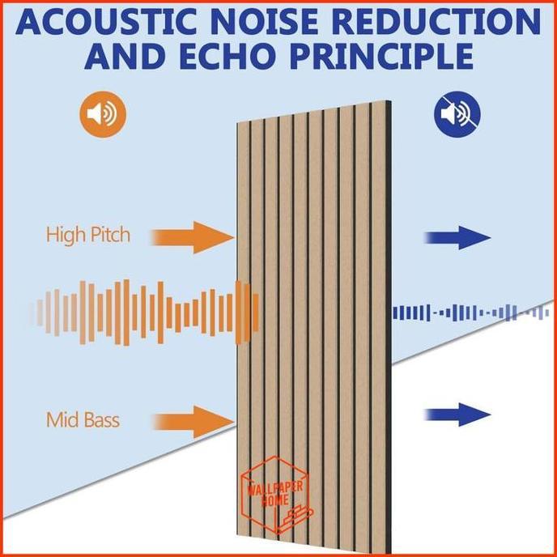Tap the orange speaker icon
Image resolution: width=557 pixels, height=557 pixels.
pos(102,113)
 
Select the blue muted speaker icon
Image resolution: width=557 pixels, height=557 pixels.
pos(457,113)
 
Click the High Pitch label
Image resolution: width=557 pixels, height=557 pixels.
pos(87,236)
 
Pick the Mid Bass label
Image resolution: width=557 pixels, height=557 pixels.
pos(83,420)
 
